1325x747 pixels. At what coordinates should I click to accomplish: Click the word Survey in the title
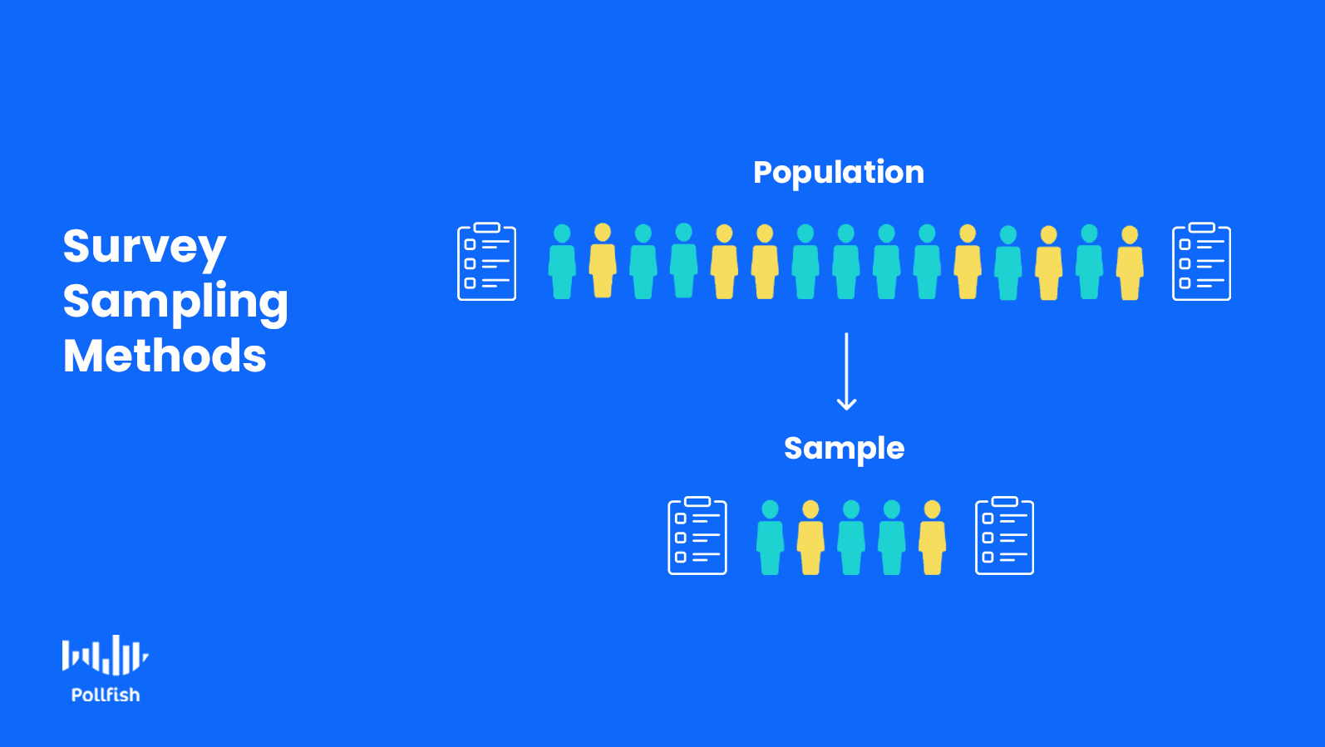click(x=145, y=247)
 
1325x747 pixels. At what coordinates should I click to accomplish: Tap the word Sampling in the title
click(x=175, y=302)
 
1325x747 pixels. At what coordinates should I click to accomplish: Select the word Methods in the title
click(x=165, y=356)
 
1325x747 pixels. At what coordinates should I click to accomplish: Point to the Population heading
click(x=839, y=173)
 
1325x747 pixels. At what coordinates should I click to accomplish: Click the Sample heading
click(x=845, y=449)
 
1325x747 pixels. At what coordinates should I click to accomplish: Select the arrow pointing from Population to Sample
click(x=846, y=371)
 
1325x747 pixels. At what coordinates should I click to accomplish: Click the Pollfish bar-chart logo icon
click(x=105, y=656)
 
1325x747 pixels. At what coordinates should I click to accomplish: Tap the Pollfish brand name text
click(x=106, y=695)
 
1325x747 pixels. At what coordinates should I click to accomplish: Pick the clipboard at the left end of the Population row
click(x=487, y=262)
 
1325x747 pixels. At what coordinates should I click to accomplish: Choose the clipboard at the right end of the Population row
click(x=1201, y=262)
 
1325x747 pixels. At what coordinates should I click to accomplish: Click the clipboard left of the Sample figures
click(x=697, y=536)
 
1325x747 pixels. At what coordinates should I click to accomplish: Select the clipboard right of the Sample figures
click(x=1004, y=536)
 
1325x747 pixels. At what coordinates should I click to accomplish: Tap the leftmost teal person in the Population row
click(x=562, y=262)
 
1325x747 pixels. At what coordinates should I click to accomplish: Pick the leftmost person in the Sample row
click(x=771, y=538)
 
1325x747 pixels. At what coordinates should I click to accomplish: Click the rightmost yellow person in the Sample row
click(x=933, y=538)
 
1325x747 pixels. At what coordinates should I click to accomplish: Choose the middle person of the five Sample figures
click(x=851, y=538)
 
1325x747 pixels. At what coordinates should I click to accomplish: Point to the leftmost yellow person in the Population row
click(x=603, y=261)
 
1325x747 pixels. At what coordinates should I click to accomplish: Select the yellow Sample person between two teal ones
click(x=810, y=538)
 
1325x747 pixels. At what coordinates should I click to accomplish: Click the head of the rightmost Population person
click(x=1130, y=234)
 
